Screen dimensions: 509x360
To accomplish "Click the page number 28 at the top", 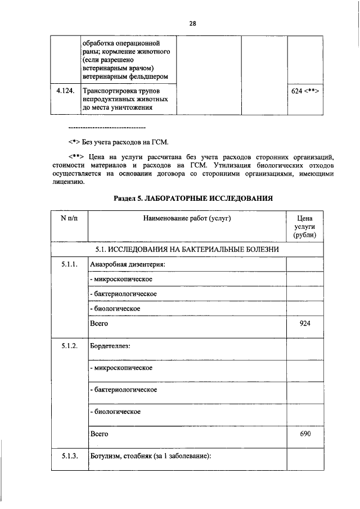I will (x=192, y=24).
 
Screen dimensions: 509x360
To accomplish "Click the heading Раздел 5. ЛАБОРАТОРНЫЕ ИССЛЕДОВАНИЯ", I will (x=193, y=199).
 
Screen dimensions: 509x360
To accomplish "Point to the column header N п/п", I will (x=69, y=218).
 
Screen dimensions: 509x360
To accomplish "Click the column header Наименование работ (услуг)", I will (x=187, y=218).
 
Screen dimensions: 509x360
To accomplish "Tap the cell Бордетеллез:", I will (x=110, y=345).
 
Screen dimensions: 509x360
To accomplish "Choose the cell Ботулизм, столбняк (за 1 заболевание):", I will (x=150, y=456).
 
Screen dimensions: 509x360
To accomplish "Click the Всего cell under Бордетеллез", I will (x=100, y=434).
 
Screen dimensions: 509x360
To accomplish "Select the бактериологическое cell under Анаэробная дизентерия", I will (x=123, y=294).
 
